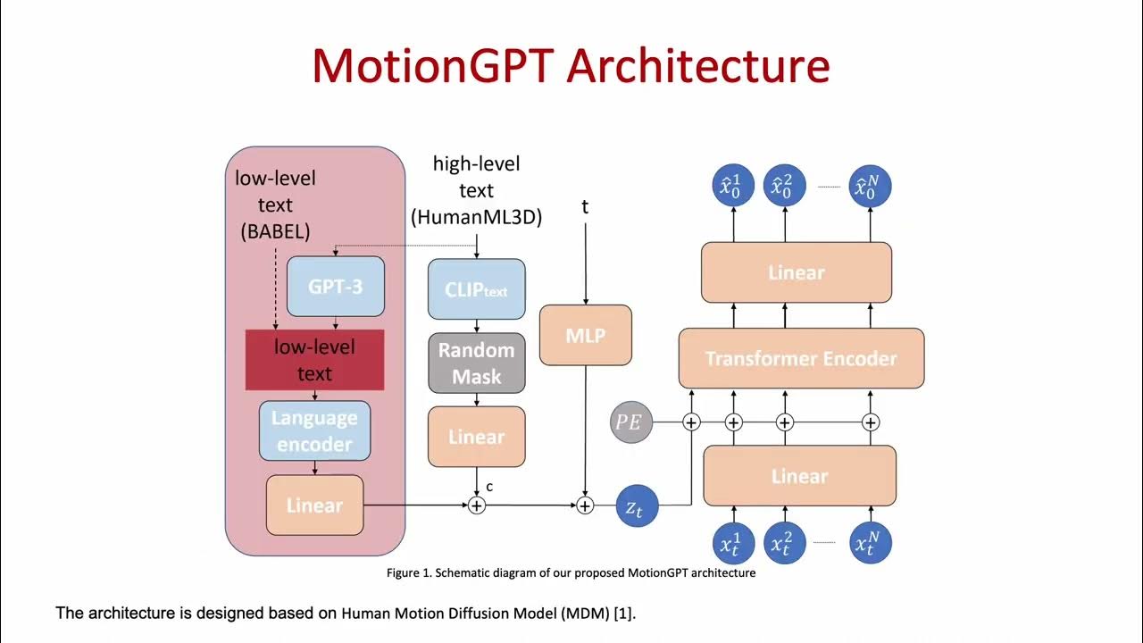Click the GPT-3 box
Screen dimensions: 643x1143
point(336,287)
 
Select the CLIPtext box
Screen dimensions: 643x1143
point(476,289)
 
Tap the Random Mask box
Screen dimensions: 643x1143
point(476,363)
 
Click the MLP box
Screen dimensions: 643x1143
point(586,335)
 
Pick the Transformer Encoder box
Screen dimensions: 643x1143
point(801,358)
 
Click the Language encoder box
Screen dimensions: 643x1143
point(314,430)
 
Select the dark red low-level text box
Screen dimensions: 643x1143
point(314,360)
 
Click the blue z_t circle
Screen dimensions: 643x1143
point(637,506)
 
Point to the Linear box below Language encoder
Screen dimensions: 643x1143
point(314,505)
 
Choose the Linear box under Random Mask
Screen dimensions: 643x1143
point(476,437)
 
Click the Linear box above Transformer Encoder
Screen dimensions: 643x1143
point(797,272)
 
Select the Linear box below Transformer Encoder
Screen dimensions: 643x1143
point(799,476)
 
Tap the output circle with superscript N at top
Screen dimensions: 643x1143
point(871,187)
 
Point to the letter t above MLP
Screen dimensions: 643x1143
point(585,207)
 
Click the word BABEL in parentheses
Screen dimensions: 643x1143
point(275,231)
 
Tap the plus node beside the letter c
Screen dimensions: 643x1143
point(477,505)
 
